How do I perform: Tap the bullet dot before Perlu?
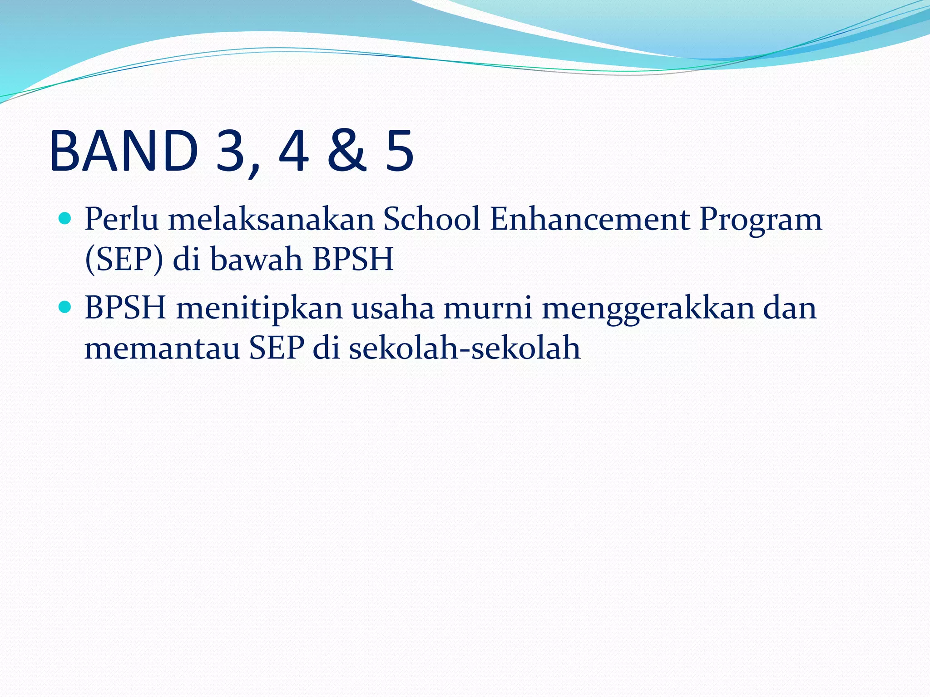(65, 219)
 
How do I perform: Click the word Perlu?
(122, 220)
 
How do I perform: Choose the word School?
(431, 220)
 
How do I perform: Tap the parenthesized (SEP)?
(124, 260)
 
